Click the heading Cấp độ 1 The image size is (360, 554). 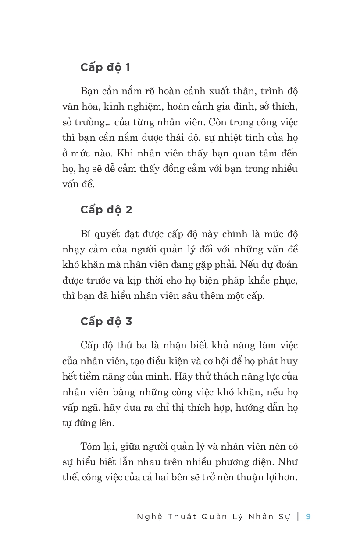click(105, 67)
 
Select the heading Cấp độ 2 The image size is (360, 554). click(106, 210)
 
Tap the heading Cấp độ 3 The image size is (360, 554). click(106, 321)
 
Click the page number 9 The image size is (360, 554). click(308, 516)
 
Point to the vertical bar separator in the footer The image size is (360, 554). click(298, 516)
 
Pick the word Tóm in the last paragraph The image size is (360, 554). click(90, 446)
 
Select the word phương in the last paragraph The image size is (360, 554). click(239, 462)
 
